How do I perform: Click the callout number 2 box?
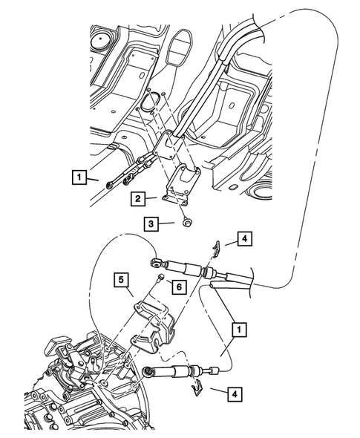coord(138,198)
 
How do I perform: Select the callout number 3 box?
coord(151,222)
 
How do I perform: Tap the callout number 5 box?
coord(120,280)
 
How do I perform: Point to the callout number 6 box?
coord(178,287)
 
